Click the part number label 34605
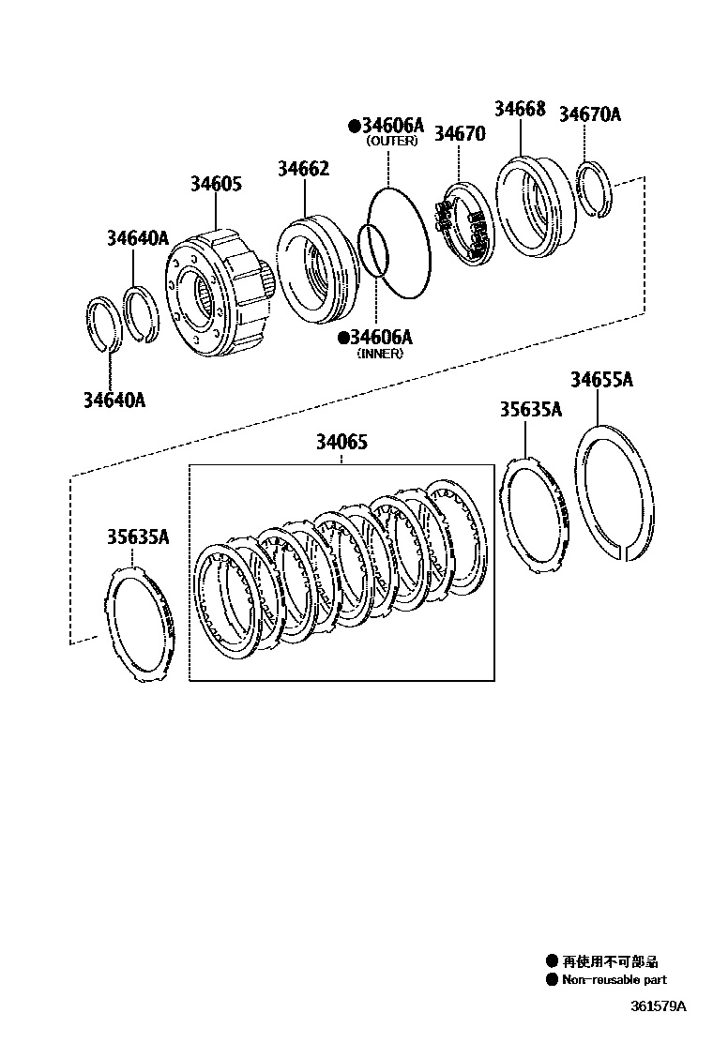tap(216, 184)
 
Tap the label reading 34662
tap(303, 169)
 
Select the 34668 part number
tap(520, 109)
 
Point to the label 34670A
tap(590, 114)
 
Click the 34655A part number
tap(601, 380)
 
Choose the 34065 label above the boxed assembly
tap(341, 442)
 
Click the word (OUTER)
tap(392, 142)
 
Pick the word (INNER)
tap(380, 354)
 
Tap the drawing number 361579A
tap(658, 1007)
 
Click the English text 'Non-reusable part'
tap(614, 979)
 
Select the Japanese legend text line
tap(610, 961)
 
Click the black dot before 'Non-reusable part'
tap(552, 979)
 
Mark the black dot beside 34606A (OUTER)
tap(354, 125)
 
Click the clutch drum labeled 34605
tap(211, 295)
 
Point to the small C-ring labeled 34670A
tap(593, 192)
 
